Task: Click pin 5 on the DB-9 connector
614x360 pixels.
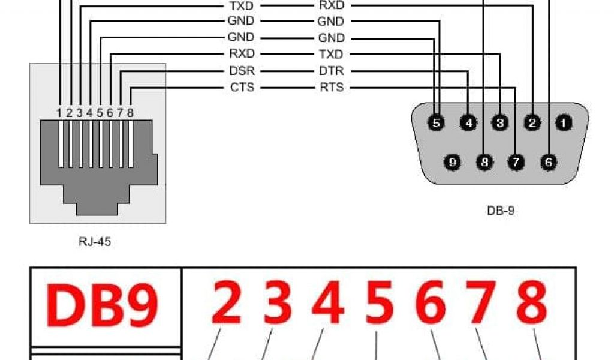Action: (x=437, y=123)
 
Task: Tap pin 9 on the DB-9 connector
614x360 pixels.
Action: (x=453, y=162)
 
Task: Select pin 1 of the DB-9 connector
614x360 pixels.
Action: (x=564, y=123)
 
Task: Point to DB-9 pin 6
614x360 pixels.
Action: (x=549, y=162)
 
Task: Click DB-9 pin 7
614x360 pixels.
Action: (x=516, y=162)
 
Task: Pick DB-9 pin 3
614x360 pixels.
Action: (x=499, y=123)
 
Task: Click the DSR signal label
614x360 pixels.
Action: (x=242, y=71)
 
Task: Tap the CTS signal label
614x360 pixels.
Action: (x=242, y=88)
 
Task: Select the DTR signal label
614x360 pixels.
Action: (x=331, y=71)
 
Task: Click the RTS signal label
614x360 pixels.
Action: (x=332, y=88)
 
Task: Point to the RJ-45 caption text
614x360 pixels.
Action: (x=95, y=243)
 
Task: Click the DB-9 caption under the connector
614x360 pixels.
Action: (x=500, y=211)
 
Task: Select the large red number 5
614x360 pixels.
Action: (x=379, y=304)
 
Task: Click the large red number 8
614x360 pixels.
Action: (x=532, y=304)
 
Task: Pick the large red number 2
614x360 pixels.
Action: (x=227, y=304)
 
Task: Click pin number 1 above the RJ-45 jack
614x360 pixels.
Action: (x=59, y=112)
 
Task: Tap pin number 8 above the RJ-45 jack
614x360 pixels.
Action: (x=130, y=112)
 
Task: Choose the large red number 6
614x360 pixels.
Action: (x=431, y=304)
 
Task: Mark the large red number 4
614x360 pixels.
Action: (x=327, y=304)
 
